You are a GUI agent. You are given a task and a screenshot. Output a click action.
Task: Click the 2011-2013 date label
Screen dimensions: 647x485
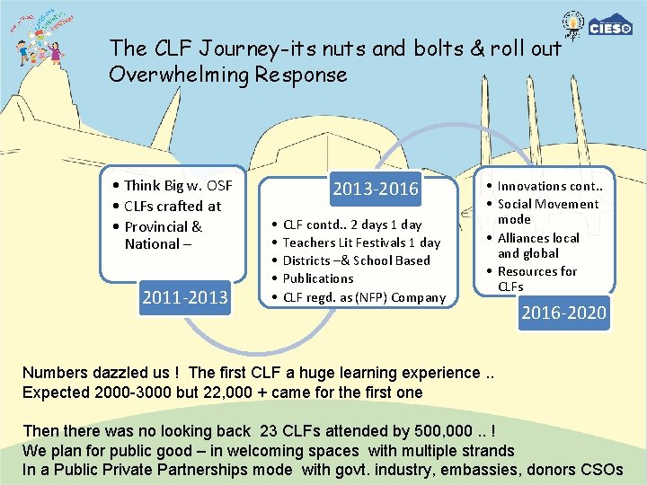(x=184, y=296)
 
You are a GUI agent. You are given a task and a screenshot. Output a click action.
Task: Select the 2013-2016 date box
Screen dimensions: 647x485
(x=376, y=189)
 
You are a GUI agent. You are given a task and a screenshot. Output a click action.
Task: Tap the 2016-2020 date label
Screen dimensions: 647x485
(x=563, y=313)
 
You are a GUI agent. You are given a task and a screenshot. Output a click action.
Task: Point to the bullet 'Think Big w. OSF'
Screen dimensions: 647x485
(x=177, y=186)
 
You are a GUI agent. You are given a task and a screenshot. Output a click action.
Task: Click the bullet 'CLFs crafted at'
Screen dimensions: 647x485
(x=172, y=206)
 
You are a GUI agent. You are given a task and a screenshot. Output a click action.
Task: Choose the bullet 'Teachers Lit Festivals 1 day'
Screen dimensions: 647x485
(x=361, y=242)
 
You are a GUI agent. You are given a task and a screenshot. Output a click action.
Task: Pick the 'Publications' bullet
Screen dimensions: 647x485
(x=318, y=278)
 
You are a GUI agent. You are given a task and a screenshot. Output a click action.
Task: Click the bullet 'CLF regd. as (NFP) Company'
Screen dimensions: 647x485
(x=364, y=297)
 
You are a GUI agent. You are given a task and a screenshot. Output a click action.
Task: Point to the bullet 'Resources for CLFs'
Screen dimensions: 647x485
(x=536, y=278)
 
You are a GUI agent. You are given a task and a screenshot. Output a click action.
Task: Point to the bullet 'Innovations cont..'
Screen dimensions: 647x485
(x=549, y=186)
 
